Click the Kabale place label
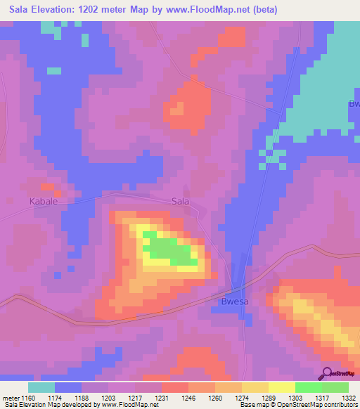tap(43, 201)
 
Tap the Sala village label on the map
tap(181, 201)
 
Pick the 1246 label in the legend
tap(189, 397)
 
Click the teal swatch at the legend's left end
tap(41, 387)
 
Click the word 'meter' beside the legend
tap(9, 397)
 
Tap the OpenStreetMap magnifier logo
tap(327, 373)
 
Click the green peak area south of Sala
tap(167, 249)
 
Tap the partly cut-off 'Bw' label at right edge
tap(354, 104)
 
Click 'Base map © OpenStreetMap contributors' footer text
tap(297, 405)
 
